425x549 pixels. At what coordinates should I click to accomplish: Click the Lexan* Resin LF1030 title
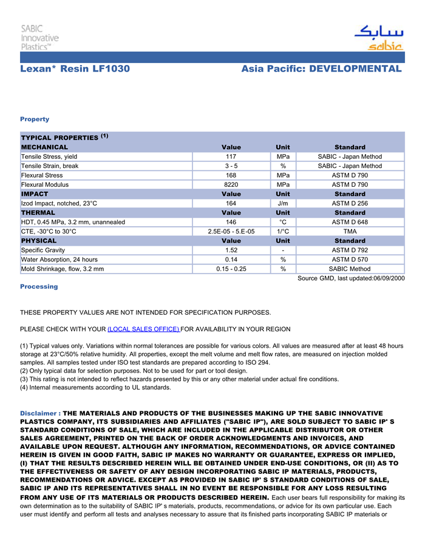(x=75, y=69)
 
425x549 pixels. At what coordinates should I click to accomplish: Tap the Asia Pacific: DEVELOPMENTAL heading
(x=321, y=69)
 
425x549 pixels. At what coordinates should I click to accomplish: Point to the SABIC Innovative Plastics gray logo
(x=39, y=38)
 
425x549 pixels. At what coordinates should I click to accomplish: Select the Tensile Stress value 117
(x=231, y=157)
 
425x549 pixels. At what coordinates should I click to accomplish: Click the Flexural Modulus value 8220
(x=231, y=184)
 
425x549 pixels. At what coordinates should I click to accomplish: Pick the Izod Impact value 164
(x=231, y=203)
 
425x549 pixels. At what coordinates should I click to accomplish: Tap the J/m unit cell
(x=283, y=203)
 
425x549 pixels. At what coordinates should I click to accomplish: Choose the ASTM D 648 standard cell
(x=350, y=222)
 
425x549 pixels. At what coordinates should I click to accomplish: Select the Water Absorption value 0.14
(x=231, y=260)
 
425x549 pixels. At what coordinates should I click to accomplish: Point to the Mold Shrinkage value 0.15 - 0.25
(x=231, y=269)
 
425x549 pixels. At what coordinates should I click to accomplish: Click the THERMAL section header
(x=38, y=213)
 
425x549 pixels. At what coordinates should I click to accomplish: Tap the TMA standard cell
(x=350, y=231)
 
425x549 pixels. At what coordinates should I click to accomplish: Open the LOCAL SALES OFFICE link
(x=143, y=329)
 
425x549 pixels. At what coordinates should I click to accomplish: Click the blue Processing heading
(x=39, y=286)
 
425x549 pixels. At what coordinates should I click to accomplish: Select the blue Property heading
(x=35, y=119)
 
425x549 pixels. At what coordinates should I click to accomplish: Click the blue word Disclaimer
(x=39, y=413)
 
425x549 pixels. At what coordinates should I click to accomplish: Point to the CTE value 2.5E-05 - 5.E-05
(x=231, y=231)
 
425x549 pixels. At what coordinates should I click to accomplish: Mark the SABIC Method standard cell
(x=350, y=269)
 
